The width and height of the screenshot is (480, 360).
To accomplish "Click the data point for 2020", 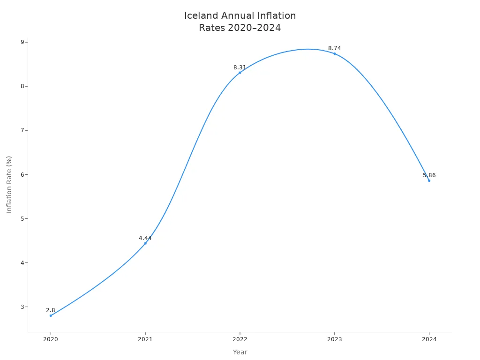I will [x=51, y=315].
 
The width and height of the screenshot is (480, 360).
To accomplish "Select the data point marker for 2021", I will [x=145, y=243].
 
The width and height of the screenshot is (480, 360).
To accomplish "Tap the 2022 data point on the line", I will [x=240, y=72].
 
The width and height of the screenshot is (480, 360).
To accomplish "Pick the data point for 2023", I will [x=334, y=53].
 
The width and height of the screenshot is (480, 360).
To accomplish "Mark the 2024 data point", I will [x=429, y=180].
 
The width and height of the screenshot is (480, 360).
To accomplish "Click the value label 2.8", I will [x=51, y=310].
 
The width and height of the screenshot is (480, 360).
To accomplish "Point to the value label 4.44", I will [x=145, y=238].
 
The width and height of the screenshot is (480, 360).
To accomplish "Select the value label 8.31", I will [x=240, y=67].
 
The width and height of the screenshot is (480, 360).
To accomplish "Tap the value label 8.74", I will [x=334, y=48].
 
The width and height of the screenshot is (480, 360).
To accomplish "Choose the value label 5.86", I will [x=429, y=175].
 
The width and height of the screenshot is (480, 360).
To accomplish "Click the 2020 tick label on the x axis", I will [x=51, y=339].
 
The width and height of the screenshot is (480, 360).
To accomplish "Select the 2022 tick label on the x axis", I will [x=240, y=339].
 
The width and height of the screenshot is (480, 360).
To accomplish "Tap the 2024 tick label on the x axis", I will [x=429, y=339].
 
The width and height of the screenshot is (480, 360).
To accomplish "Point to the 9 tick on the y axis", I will [x=22, y=42].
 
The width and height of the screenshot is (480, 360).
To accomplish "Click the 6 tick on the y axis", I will [x=22, y=174].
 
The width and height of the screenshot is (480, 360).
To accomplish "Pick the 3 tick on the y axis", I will [x=22, y=307].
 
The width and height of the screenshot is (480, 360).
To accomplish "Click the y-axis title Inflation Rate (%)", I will [x=9, y=184].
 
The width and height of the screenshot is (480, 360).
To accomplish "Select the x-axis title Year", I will [x=240, y=352].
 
